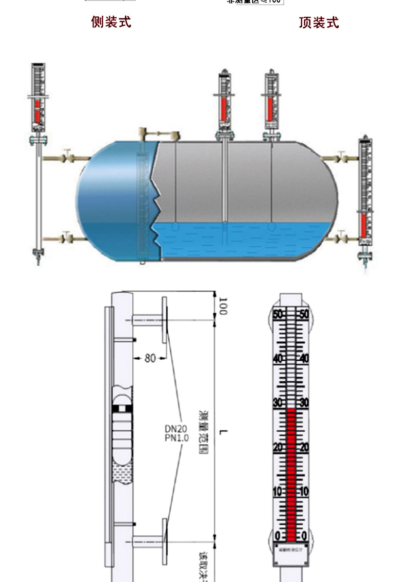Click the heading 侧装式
(111, 22)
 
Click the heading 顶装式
(319, 22)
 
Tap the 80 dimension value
(149, 358)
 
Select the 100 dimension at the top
(223, 306)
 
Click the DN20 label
(176, 429)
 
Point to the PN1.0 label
(176, 438)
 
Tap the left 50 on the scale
(278, 314)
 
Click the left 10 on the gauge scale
(278, 492)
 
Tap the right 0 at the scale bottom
(304, 536)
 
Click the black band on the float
(123, 408)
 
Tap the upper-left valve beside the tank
(67, 155)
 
